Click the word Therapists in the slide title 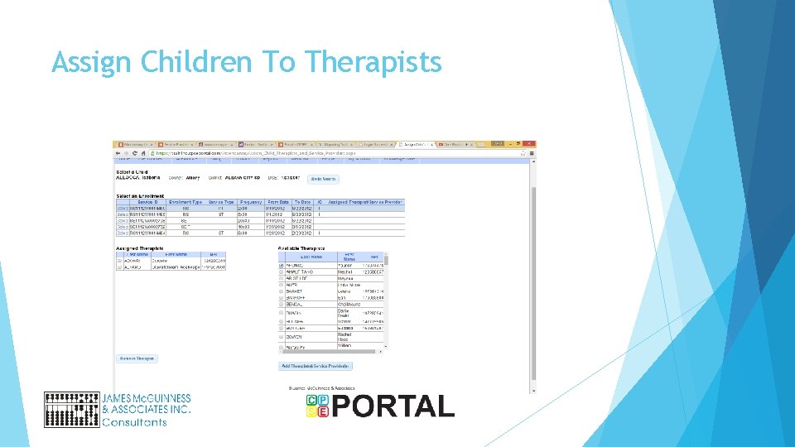pos(373,62)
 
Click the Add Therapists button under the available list pos(316,366)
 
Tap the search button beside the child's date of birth pos(323,179)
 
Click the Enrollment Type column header pos(185,202)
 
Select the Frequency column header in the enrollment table pos(251,202)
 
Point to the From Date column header pos(278,202)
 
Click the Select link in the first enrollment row pos(122,209)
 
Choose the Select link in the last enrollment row pos(122,234)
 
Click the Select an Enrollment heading pos(141,195)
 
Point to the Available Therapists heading pos(301,248)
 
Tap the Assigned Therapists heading pos(140,248)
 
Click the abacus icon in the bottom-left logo pos(70,409)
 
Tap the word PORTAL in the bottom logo pos(393,406)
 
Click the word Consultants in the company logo pos(134,422)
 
